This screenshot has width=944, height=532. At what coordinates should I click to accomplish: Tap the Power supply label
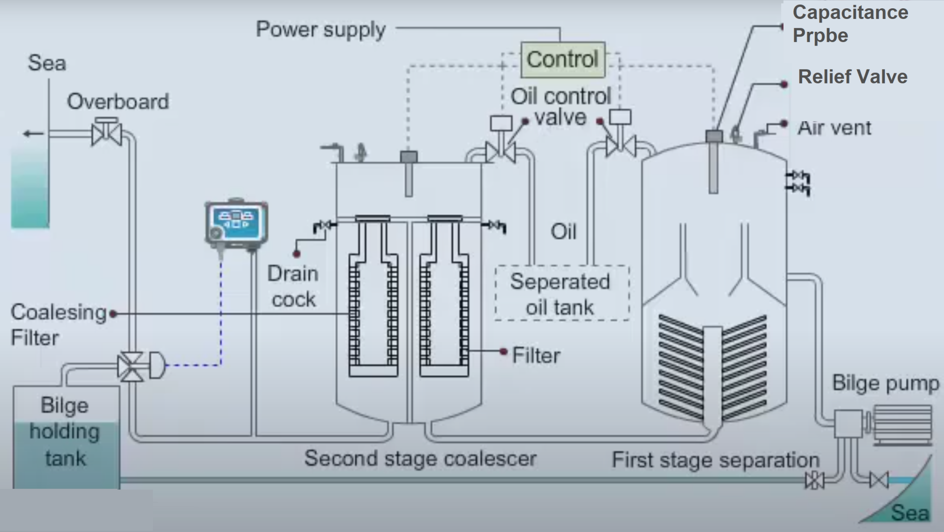321,30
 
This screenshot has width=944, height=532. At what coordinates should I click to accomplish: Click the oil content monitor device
236,226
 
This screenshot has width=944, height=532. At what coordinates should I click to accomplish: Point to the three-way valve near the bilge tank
130,367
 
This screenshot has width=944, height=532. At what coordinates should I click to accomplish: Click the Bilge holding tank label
65,432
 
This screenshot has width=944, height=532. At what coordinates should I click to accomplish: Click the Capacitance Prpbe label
850,24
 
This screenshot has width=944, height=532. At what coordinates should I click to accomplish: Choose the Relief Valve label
852,77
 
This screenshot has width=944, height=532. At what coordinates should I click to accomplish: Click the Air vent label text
834,128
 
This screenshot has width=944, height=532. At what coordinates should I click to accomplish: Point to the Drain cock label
293,286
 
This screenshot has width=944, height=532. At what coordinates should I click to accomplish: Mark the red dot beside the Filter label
504,352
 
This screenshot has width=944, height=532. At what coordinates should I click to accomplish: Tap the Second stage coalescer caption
420,459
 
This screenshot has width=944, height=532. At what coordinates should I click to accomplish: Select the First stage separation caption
715,460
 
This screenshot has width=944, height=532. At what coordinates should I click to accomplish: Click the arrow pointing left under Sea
33,134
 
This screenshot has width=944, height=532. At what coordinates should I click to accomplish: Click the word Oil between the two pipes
563,231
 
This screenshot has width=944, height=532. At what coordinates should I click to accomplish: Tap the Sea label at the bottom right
909,513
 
